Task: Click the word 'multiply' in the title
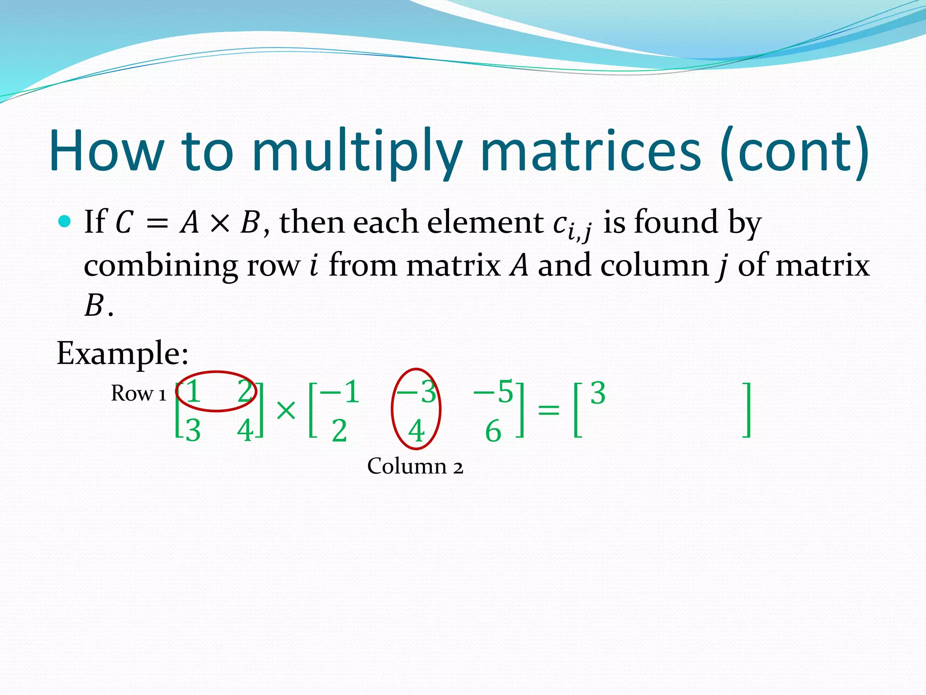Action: point(356,152)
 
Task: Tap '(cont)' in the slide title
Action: point(794,152)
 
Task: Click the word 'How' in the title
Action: point(106,152)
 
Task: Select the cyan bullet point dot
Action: point(65,221)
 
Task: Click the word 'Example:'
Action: point(122,353)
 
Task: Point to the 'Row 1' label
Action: point(138,393)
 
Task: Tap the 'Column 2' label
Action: point(415,466)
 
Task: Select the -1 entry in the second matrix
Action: point(340,392)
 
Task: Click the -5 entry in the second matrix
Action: point(493,392)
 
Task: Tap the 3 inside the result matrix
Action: point(597,393)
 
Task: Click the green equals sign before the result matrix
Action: point(548,410)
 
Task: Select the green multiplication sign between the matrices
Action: point(286,411)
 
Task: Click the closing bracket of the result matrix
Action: point(747,410)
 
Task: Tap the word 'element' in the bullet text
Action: point(485,222)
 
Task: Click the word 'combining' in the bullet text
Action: point(161,266)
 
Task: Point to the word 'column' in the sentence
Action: point(654,266)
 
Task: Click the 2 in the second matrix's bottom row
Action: point(339,431)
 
